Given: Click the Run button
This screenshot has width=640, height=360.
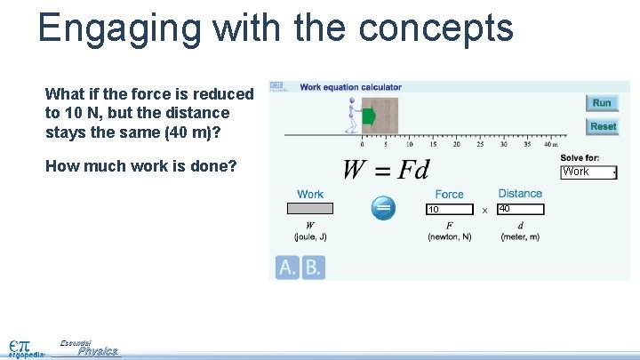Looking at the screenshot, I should (x=602, y=103).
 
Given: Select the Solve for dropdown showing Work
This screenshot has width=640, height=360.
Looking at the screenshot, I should (x=589, y=172).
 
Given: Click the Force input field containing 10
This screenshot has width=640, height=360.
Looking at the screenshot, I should (x=450, y=210).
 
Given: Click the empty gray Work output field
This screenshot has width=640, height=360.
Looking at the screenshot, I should (x=309, y=209).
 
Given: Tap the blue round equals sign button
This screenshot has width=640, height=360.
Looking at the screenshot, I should (x=383, y=208).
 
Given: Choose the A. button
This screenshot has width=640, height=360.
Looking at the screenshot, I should (x=287, y=268).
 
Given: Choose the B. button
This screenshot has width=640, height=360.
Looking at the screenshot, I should (x=313, y=268).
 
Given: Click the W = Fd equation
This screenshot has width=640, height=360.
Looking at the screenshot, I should (x=386, y=169).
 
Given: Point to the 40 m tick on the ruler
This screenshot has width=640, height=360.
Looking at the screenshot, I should (x=551, y=143).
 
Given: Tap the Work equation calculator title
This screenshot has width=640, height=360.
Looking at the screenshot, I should (x=350, y=87).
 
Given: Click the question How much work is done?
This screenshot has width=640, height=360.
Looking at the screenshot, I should (x=140, y=165).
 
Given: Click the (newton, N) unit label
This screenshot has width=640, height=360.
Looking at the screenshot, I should (x=449, y=236).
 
